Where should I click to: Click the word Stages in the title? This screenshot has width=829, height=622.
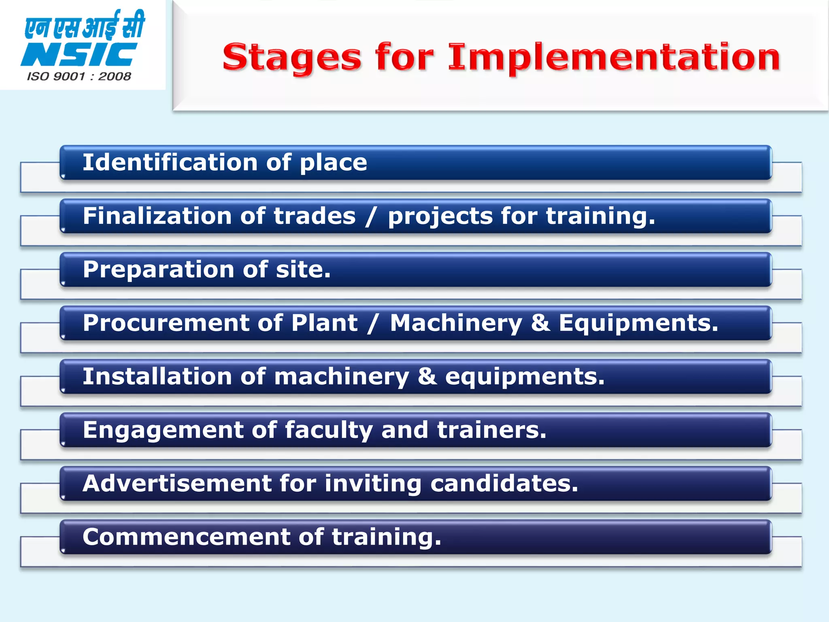291,58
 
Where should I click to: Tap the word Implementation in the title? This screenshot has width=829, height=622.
614,58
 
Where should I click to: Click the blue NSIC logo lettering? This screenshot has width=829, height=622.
79,55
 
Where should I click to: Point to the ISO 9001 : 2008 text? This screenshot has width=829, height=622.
79,77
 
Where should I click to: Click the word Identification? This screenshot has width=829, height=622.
170,162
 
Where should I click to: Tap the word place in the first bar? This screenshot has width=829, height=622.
333,163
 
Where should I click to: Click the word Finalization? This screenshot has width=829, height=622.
157,216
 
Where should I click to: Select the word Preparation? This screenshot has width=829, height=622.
159,270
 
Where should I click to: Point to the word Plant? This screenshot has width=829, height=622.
325,323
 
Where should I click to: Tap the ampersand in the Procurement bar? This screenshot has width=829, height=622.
541,323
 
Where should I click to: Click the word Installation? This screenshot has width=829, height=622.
157,377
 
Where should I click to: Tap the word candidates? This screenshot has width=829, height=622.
504,484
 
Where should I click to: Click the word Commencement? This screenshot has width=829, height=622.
186,537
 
